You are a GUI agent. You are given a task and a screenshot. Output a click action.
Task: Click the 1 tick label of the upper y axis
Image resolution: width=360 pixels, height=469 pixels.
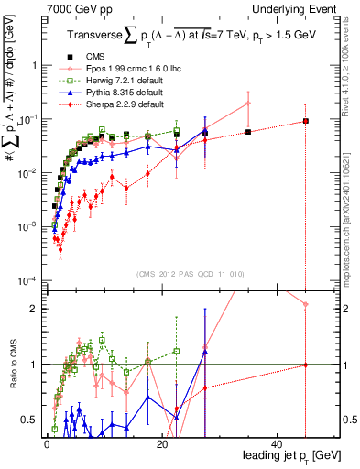click(x=36, y=66)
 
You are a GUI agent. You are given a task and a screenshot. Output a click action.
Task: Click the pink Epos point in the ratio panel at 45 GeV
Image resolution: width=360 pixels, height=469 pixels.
click(x=306, y=304)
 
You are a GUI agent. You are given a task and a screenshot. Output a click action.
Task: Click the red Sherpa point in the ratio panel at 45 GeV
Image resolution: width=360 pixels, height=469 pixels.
click(x=306, y=365)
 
